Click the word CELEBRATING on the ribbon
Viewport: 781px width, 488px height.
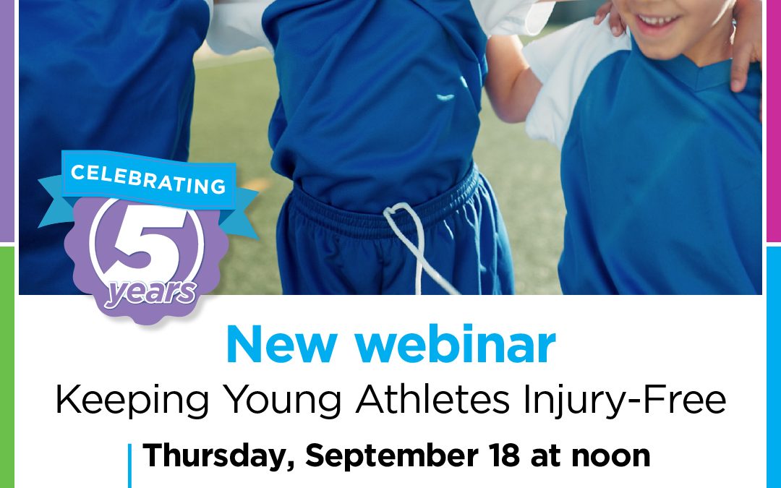[148, 179]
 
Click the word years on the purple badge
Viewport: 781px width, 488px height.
[150, 293]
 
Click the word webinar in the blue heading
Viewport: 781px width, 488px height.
[456, 345]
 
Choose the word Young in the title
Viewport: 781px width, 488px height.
[282, 401]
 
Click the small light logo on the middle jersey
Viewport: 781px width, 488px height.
[445, 97]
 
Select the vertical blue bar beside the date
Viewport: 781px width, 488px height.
[130, 466]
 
